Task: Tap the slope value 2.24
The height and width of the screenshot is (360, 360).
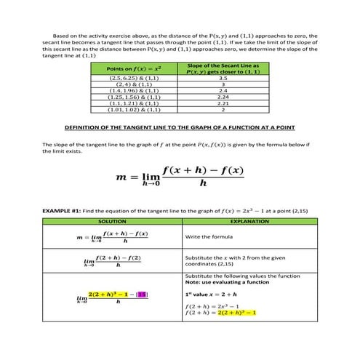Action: pos(223,97)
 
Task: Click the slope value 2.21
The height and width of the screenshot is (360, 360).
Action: pos(223,103)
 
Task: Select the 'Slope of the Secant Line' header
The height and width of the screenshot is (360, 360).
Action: pos(223,68)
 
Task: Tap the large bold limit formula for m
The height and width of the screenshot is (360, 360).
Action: pos(180,176)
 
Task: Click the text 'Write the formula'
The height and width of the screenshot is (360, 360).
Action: pos(208,237)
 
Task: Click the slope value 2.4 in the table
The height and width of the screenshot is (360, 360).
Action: pos(223,90)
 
